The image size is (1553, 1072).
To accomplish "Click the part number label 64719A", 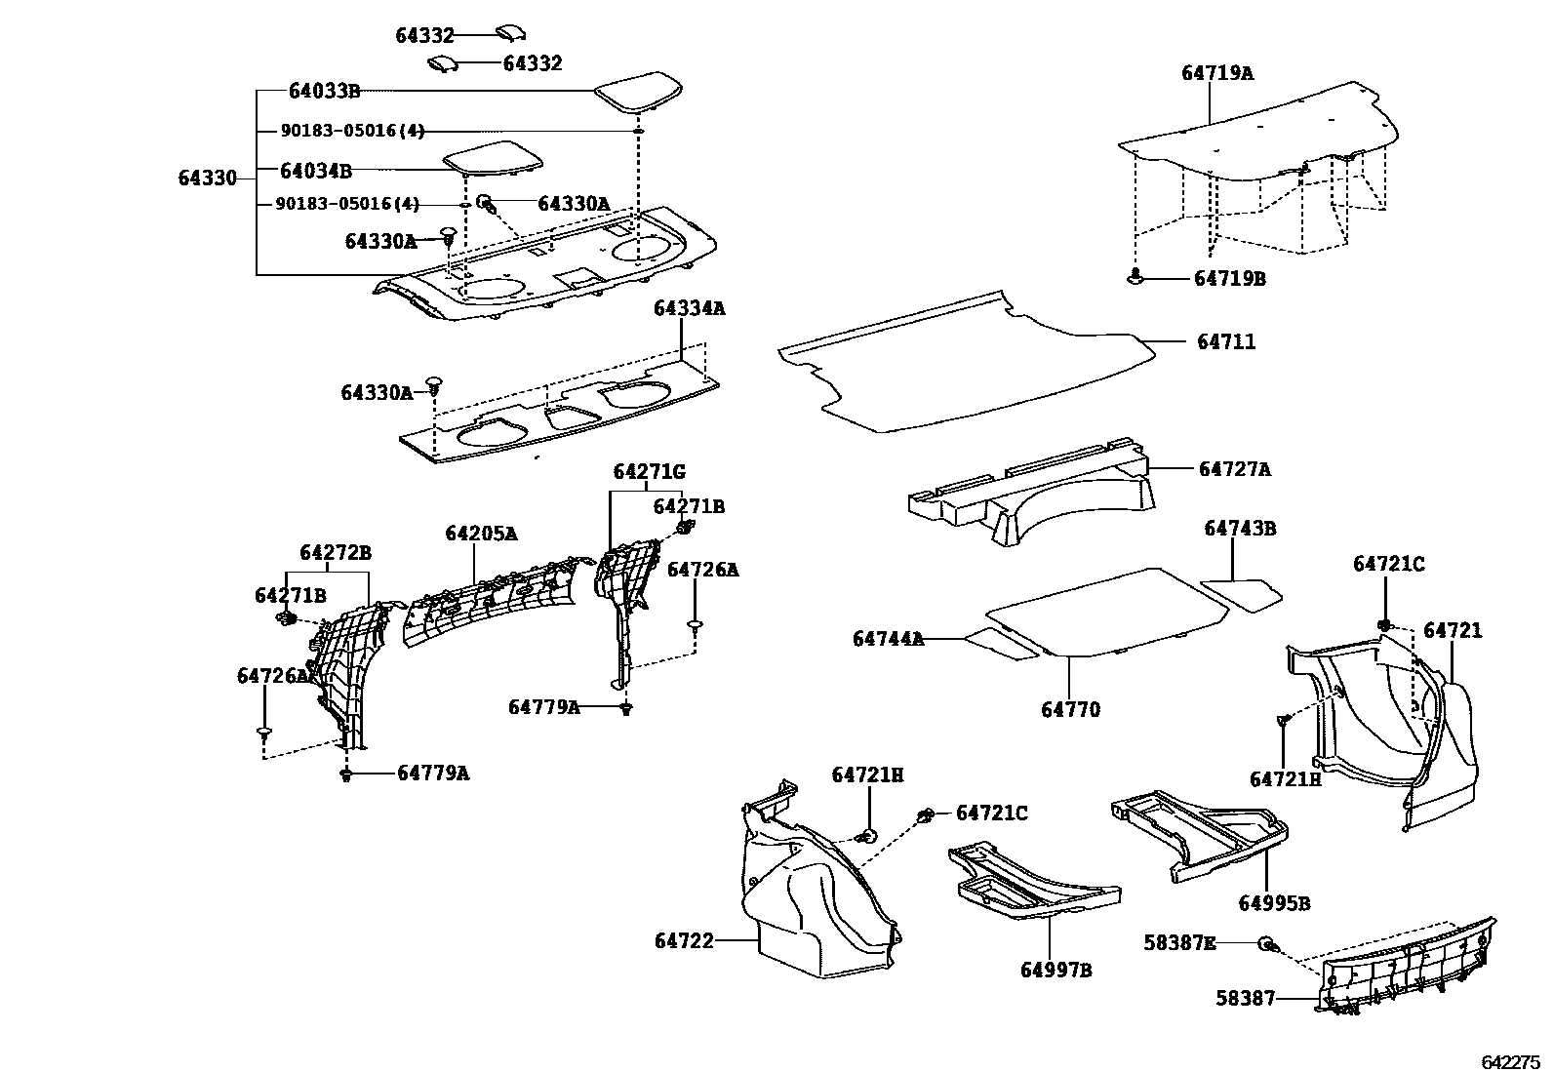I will point(1216,73).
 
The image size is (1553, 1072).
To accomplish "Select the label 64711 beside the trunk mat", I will point(1226,342).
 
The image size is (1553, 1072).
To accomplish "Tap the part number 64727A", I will point(1234,469).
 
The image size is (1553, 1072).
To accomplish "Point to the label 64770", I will point(1070,710).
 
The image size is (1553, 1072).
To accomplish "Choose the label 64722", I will point(684,941).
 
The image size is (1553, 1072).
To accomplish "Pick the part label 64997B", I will point(1056,971).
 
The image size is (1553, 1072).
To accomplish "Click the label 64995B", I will point(1274,903).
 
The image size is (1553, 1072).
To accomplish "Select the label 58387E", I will point(1179,943).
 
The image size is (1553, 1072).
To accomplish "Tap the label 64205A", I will point(481,535).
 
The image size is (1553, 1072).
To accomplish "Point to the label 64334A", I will point(690,308).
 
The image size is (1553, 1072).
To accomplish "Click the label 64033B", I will point(324,92).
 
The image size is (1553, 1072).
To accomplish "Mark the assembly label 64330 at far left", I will point(207,179).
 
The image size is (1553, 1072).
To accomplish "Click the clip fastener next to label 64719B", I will point(1135,278).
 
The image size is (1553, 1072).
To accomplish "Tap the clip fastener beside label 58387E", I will point(1267,944).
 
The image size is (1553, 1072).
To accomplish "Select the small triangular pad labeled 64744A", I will point(1002,643).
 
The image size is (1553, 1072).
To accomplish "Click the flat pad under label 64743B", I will point(1240,593).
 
